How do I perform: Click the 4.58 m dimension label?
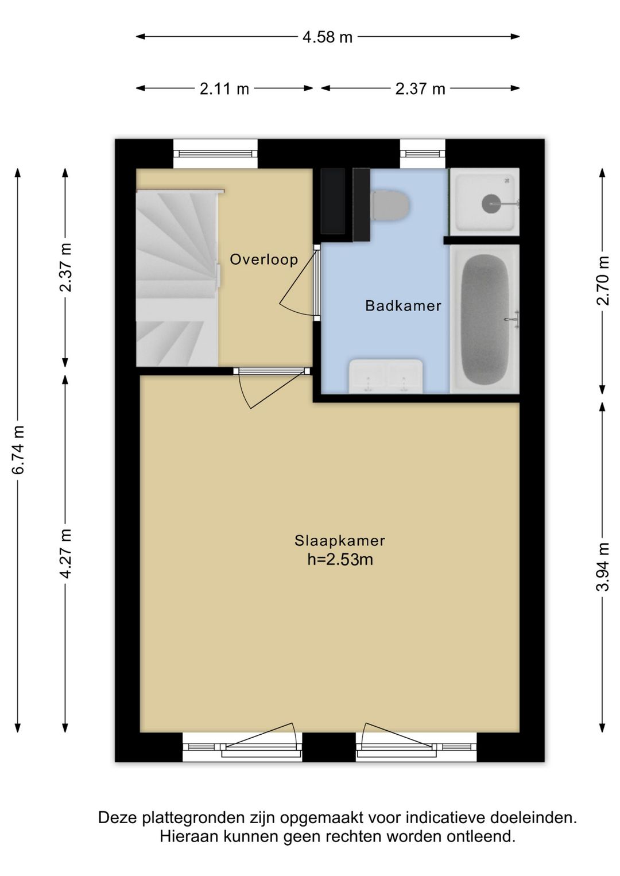327,37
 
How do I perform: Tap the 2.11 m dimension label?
224,89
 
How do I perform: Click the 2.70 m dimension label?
603,280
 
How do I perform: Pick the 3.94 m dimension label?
603,567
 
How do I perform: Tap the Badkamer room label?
403,305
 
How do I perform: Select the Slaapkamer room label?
339,541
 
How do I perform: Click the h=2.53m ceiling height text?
340,560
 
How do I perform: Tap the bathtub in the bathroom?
485,319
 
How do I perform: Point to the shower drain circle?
491,203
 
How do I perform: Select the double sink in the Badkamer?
386,376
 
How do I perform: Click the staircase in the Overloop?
177,278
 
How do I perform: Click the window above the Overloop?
215,154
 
